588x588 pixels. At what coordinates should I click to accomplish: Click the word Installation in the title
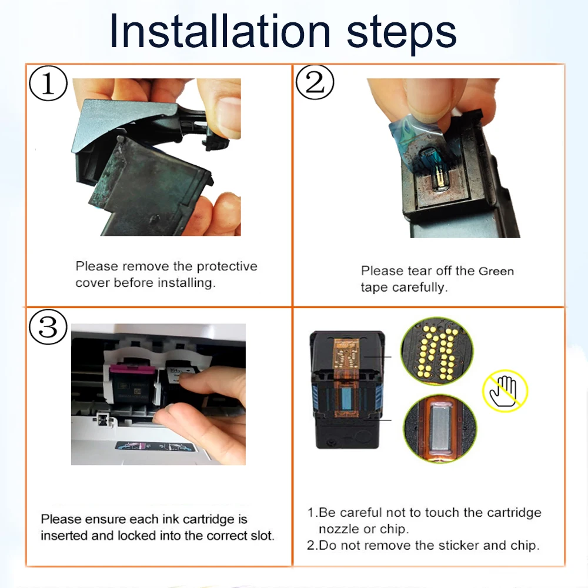tap(220, 31)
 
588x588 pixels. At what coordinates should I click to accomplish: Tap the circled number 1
tap(48, 83)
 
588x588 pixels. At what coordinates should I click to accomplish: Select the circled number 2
tap(315, 82)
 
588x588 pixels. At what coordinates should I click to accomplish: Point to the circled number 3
tap(48, 326)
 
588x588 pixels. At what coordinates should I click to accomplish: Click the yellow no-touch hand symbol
tap(505, 391)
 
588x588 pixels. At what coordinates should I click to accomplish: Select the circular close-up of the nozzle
tap(440, 427)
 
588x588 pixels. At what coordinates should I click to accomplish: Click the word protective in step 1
tap(227, 266)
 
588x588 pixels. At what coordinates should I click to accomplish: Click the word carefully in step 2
tap(420, 288)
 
